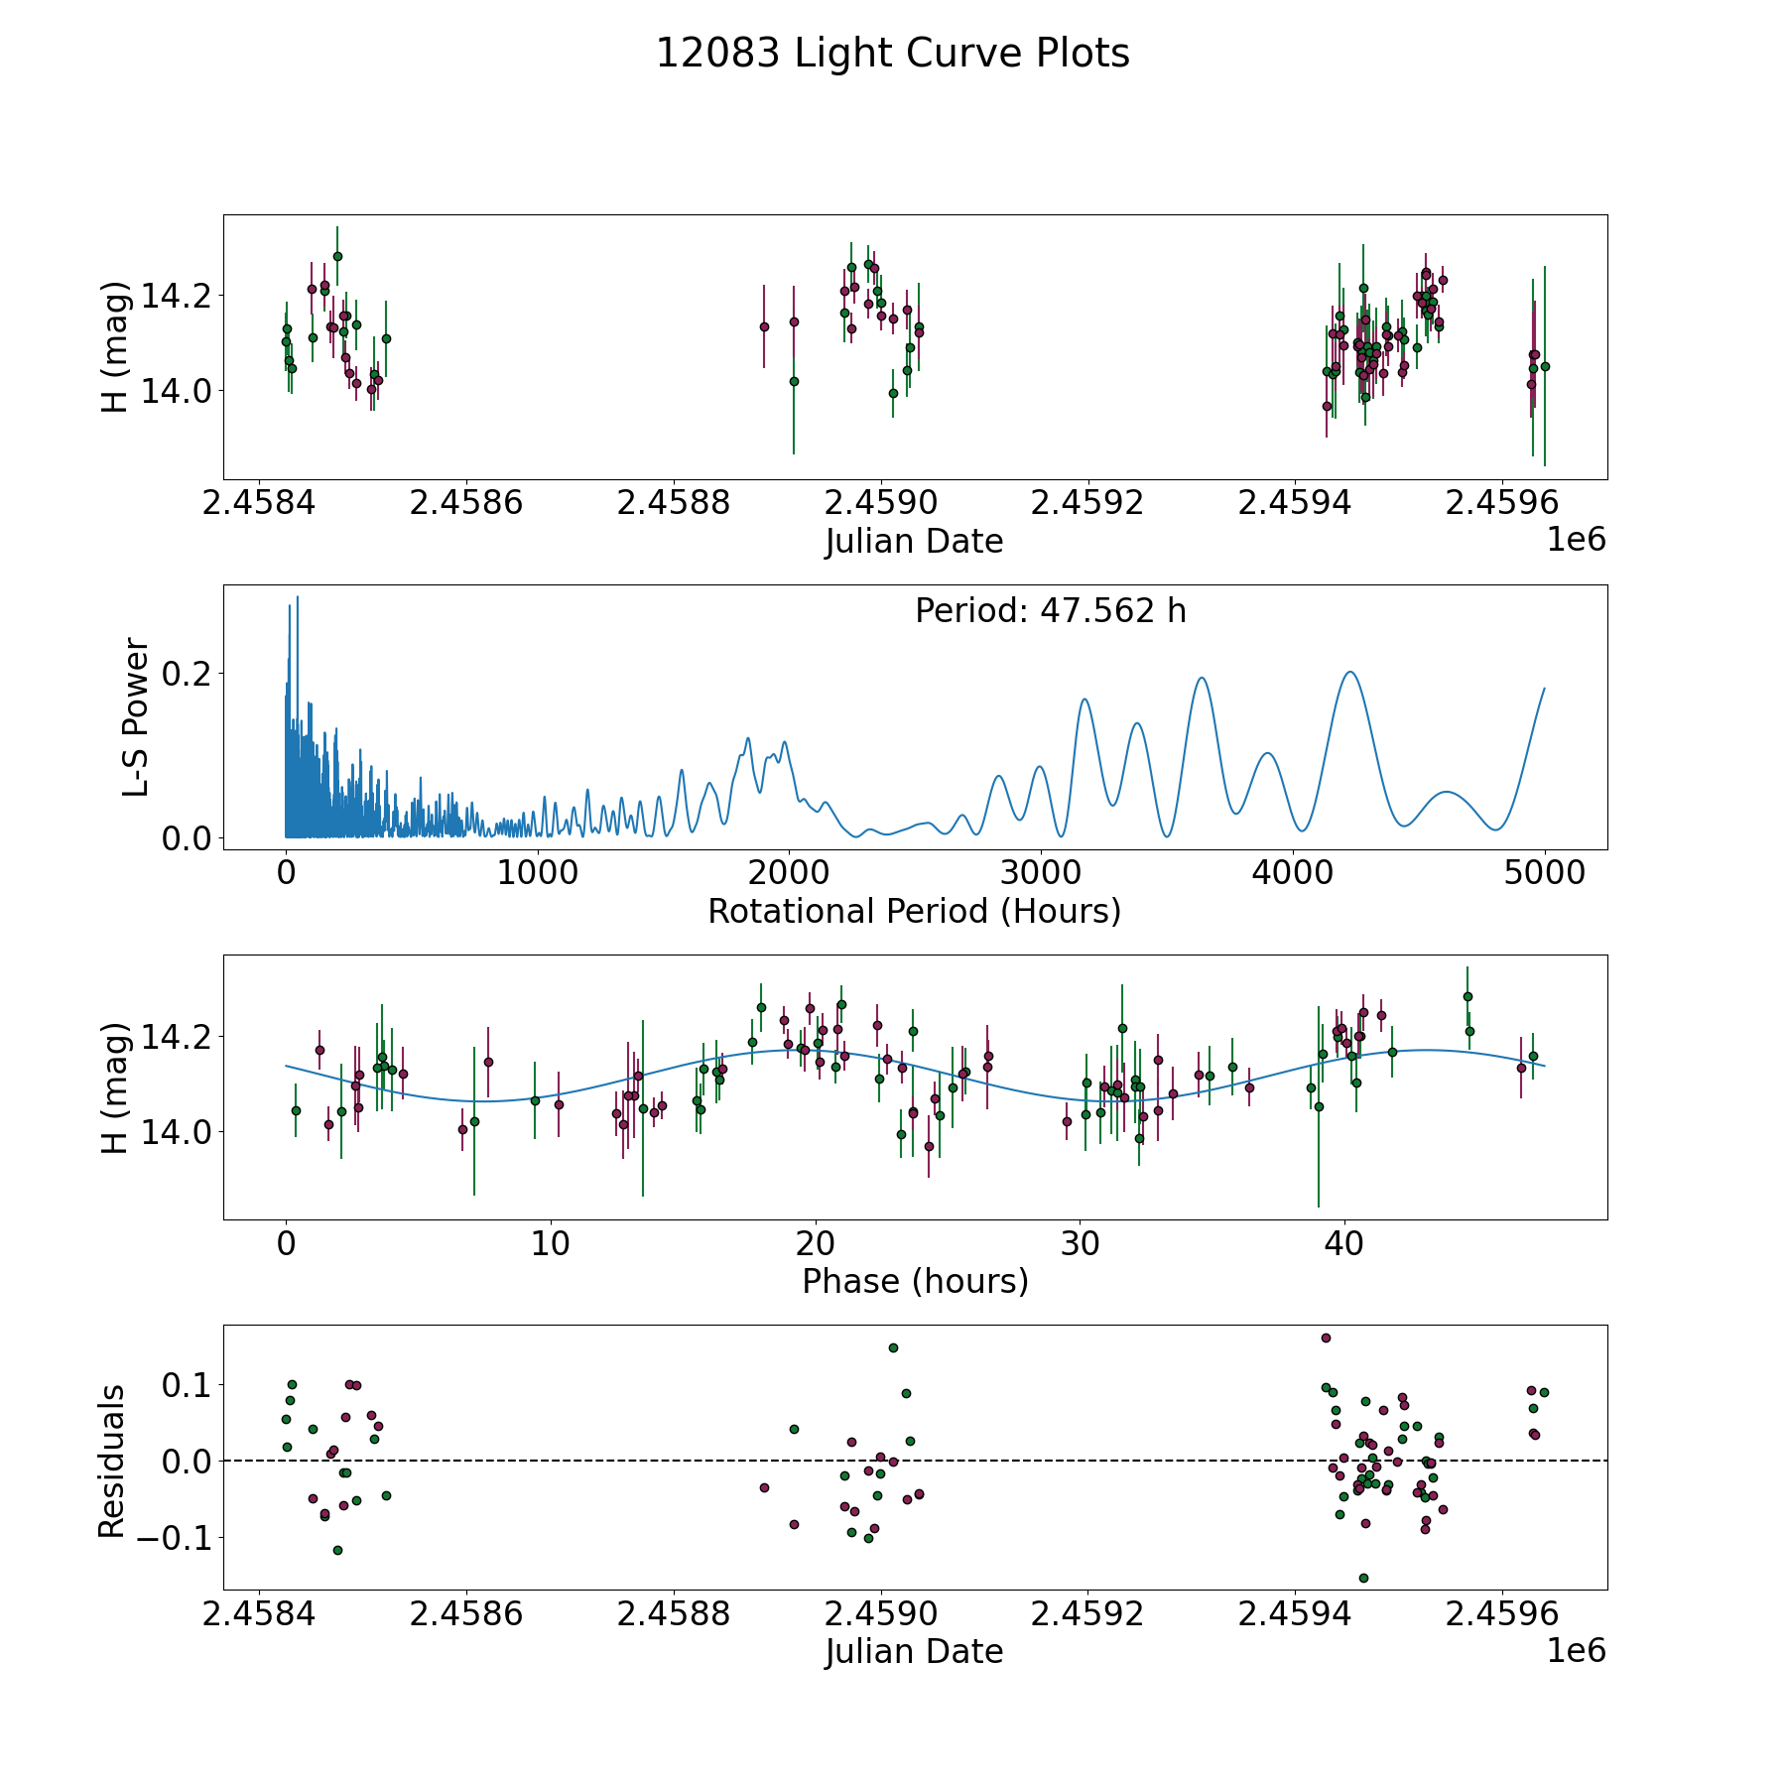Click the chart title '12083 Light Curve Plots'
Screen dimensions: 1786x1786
(892, 54)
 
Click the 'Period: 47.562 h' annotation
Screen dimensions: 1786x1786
(1050, 611)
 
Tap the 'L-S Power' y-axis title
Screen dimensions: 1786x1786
(136, 716)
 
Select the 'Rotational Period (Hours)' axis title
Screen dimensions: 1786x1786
(914, 911)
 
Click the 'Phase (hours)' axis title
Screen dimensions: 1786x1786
(915, 1281)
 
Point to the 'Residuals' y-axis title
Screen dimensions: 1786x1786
(112, 1462)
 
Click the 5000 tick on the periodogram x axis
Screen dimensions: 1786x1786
(1544, 872)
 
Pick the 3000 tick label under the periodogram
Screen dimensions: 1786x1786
(1041, 872)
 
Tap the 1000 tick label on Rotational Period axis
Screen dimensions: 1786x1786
(538, 872)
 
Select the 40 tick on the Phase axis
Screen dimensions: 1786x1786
(1344, 1243)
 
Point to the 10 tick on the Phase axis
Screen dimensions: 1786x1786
(551, 1243)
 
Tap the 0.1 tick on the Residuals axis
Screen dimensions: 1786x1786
(182, 1384)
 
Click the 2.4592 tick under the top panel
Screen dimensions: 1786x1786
(1087, 503)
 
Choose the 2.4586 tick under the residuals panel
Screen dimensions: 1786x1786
(465, 1614)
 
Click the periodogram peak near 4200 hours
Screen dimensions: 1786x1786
(1349, 672)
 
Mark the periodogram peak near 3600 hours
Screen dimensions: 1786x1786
(1202, 678)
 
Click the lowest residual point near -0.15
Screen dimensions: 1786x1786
(1363, 1578)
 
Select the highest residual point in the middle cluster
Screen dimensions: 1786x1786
(893, 1347)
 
